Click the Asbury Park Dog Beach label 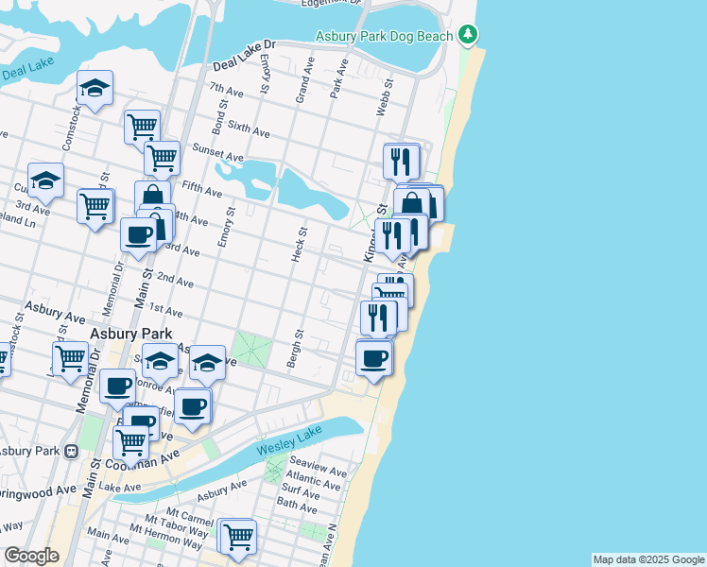(x=385, y=36)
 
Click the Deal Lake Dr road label (x=243, y=57)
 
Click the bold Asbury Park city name (x=130, y=334)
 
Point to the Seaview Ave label (x=319, y=472)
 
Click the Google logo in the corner (x=31, y=556)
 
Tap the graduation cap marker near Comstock (x=95, y=89)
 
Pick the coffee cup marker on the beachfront (x=374, y=358)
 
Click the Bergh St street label (x=293, y=349)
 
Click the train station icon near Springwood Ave (x=70, y=452)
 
